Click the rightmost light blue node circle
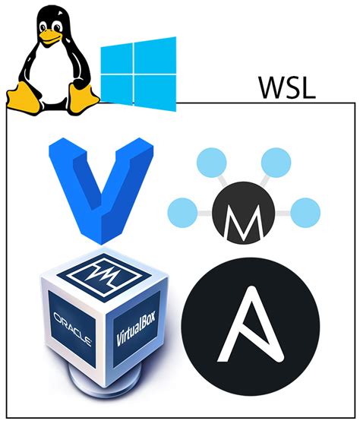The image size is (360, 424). click(305, 211)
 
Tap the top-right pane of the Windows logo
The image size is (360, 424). click(155, 56)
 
